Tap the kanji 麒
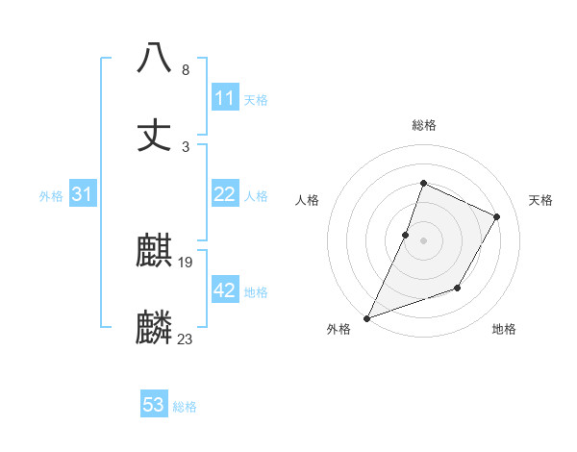(x=154, y=253)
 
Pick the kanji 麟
(x=154, y=328)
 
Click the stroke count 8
(x=185, y=70)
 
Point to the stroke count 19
(x=186, y=262)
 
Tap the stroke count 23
(x=186, y=339)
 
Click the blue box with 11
(x=225, y=98)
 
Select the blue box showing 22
(x=225, y=194)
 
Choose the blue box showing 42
(x=225, y=290)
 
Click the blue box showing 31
(x=83, y=194)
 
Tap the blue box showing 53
(x=154, y=405)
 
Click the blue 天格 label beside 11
(x=256, y=100)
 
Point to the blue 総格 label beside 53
(x=185, y=407)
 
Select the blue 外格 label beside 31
(x=51, y=196)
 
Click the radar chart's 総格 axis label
(x=423, y=125)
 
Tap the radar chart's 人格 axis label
(x=308, y=200)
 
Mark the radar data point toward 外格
(x=366, y=317)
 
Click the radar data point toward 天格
(x=497, y=216)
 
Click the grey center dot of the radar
(x=423, y=239)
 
